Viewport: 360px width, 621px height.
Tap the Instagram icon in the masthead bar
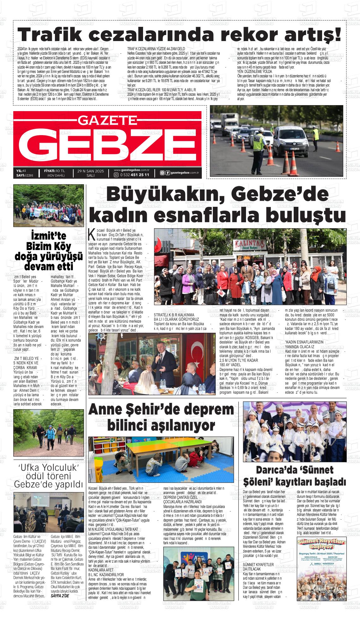tap(162, 172)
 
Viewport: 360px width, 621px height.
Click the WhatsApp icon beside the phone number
tap(116, 175)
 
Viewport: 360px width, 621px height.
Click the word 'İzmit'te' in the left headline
tap(49, 236)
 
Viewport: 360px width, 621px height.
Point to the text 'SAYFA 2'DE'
tap(60, 596)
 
